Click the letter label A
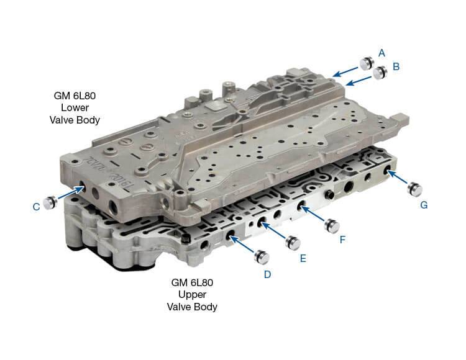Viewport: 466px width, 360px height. click(x=381, y=53)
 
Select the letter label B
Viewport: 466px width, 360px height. click(x=396, y=66)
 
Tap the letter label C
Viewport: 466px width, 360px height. click(x=36, y=207)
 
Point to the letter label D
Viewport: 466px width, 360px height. click(x=267, y=275)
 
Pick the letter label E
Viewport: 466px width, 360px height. click(x=303, y=259)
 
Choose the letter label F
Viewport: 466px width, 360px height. click(x=342, y=240)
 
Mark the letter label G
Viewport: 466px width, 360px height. click(x=424, y=205)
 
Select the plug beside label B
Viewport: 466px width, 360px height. click(x=380, y=73)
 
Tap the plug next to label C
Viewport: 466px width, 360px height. click(x=50, y=203)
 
